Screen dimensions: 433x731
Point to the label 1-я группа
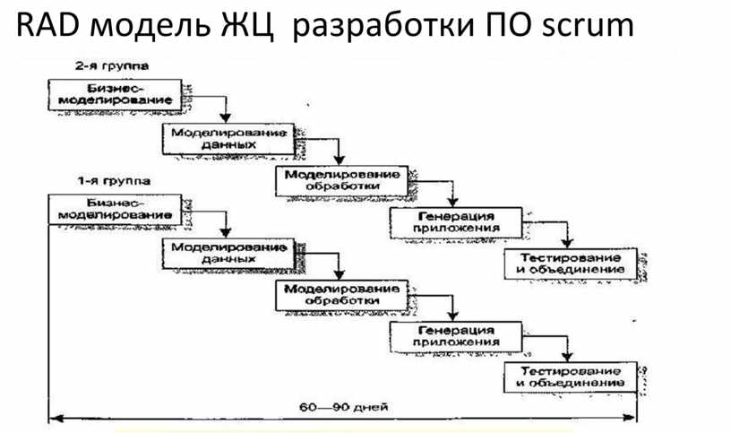112,181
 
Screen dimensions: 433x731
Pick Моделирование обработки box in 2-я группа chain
342,179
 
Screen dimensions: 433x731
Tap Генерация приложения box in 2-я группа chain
456,221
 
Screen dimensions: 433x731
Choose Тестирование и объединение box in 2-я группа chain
570,264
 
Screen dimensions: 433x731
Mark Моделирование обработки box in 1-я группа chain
342,295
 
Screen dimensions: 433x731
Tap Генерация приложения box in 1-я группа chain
456,336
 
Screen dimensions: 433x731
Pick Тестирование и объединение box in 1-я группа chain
570,377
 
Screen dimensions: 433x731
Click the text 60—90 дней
343,408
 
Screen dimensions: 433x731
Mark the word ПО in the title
509,27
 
